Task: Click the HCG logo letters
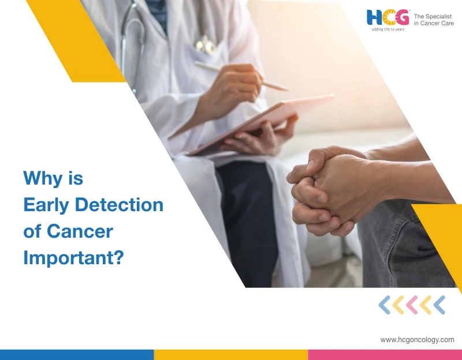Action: [x=389, y=17]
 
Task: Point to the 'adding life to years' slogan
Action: [x=388, y=29]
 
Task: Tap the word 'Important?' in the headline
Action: [x=74, y=258]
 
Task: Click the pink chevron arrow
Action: [x=412, y=305]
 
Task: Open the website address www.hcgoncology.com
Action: [x=417, y=340]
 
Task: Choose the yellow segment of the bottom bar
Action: [x=231, y=354]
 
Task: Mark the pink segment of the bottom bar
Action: [x=385, y=354]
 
